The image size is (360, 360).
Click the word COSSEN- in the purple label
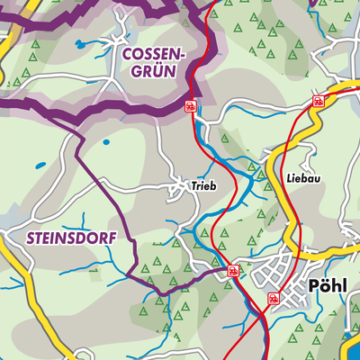[153, 55]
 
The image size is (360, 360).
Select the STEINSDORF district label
[56, 239]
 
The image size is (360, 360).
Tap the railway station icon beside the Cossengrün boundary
[191, 106]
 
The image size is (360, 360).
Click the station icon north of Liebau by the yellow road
[318, 100]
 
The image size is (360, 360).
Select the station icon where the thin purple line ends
[233, 269]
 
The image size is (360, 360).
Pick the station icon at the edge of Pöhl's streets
[274, 297]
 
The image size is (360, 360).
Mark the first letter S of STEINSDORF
[18, 239]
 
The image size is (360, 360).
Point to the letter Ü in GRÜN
[157, 75]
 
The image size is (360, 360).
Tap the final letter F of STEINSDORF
[94, 239]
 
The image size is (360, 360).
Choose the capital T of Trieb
[193, 187]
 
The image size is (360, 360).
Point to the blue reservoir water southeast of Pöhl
[352, 346]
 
